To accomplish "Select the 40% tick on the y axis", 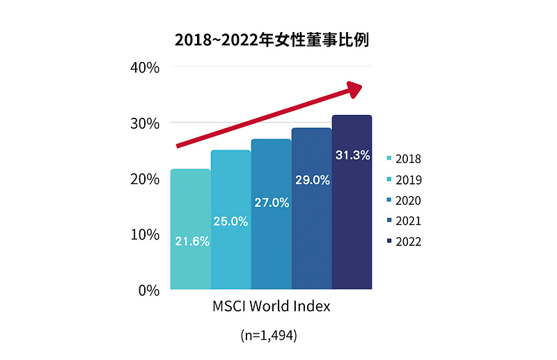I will click(x=145, y=68).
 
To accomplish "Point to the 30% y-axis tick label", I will click(x=145, y=123).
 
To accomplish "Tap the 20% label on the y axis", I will click(x=145, y=179).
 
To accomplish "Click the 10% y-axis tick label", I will click(x=145, y=235).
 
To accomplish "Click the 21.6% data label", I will click(x=191, y=242).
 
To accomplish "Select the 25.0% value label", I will click(x=231, y=221).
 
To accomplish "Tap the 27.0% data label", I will click(x=272, y=203).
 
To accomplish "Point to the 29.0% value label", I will click(x=312, y=180).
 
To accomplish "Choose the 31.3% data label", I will click(x=352, y=155).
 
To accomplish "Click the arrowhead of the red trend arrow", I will click(x=355, y=88).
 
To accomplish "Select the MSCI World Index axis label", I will click(x=270, y=306).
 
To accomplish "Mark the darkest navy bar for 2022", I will click(x=352, y=223).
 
